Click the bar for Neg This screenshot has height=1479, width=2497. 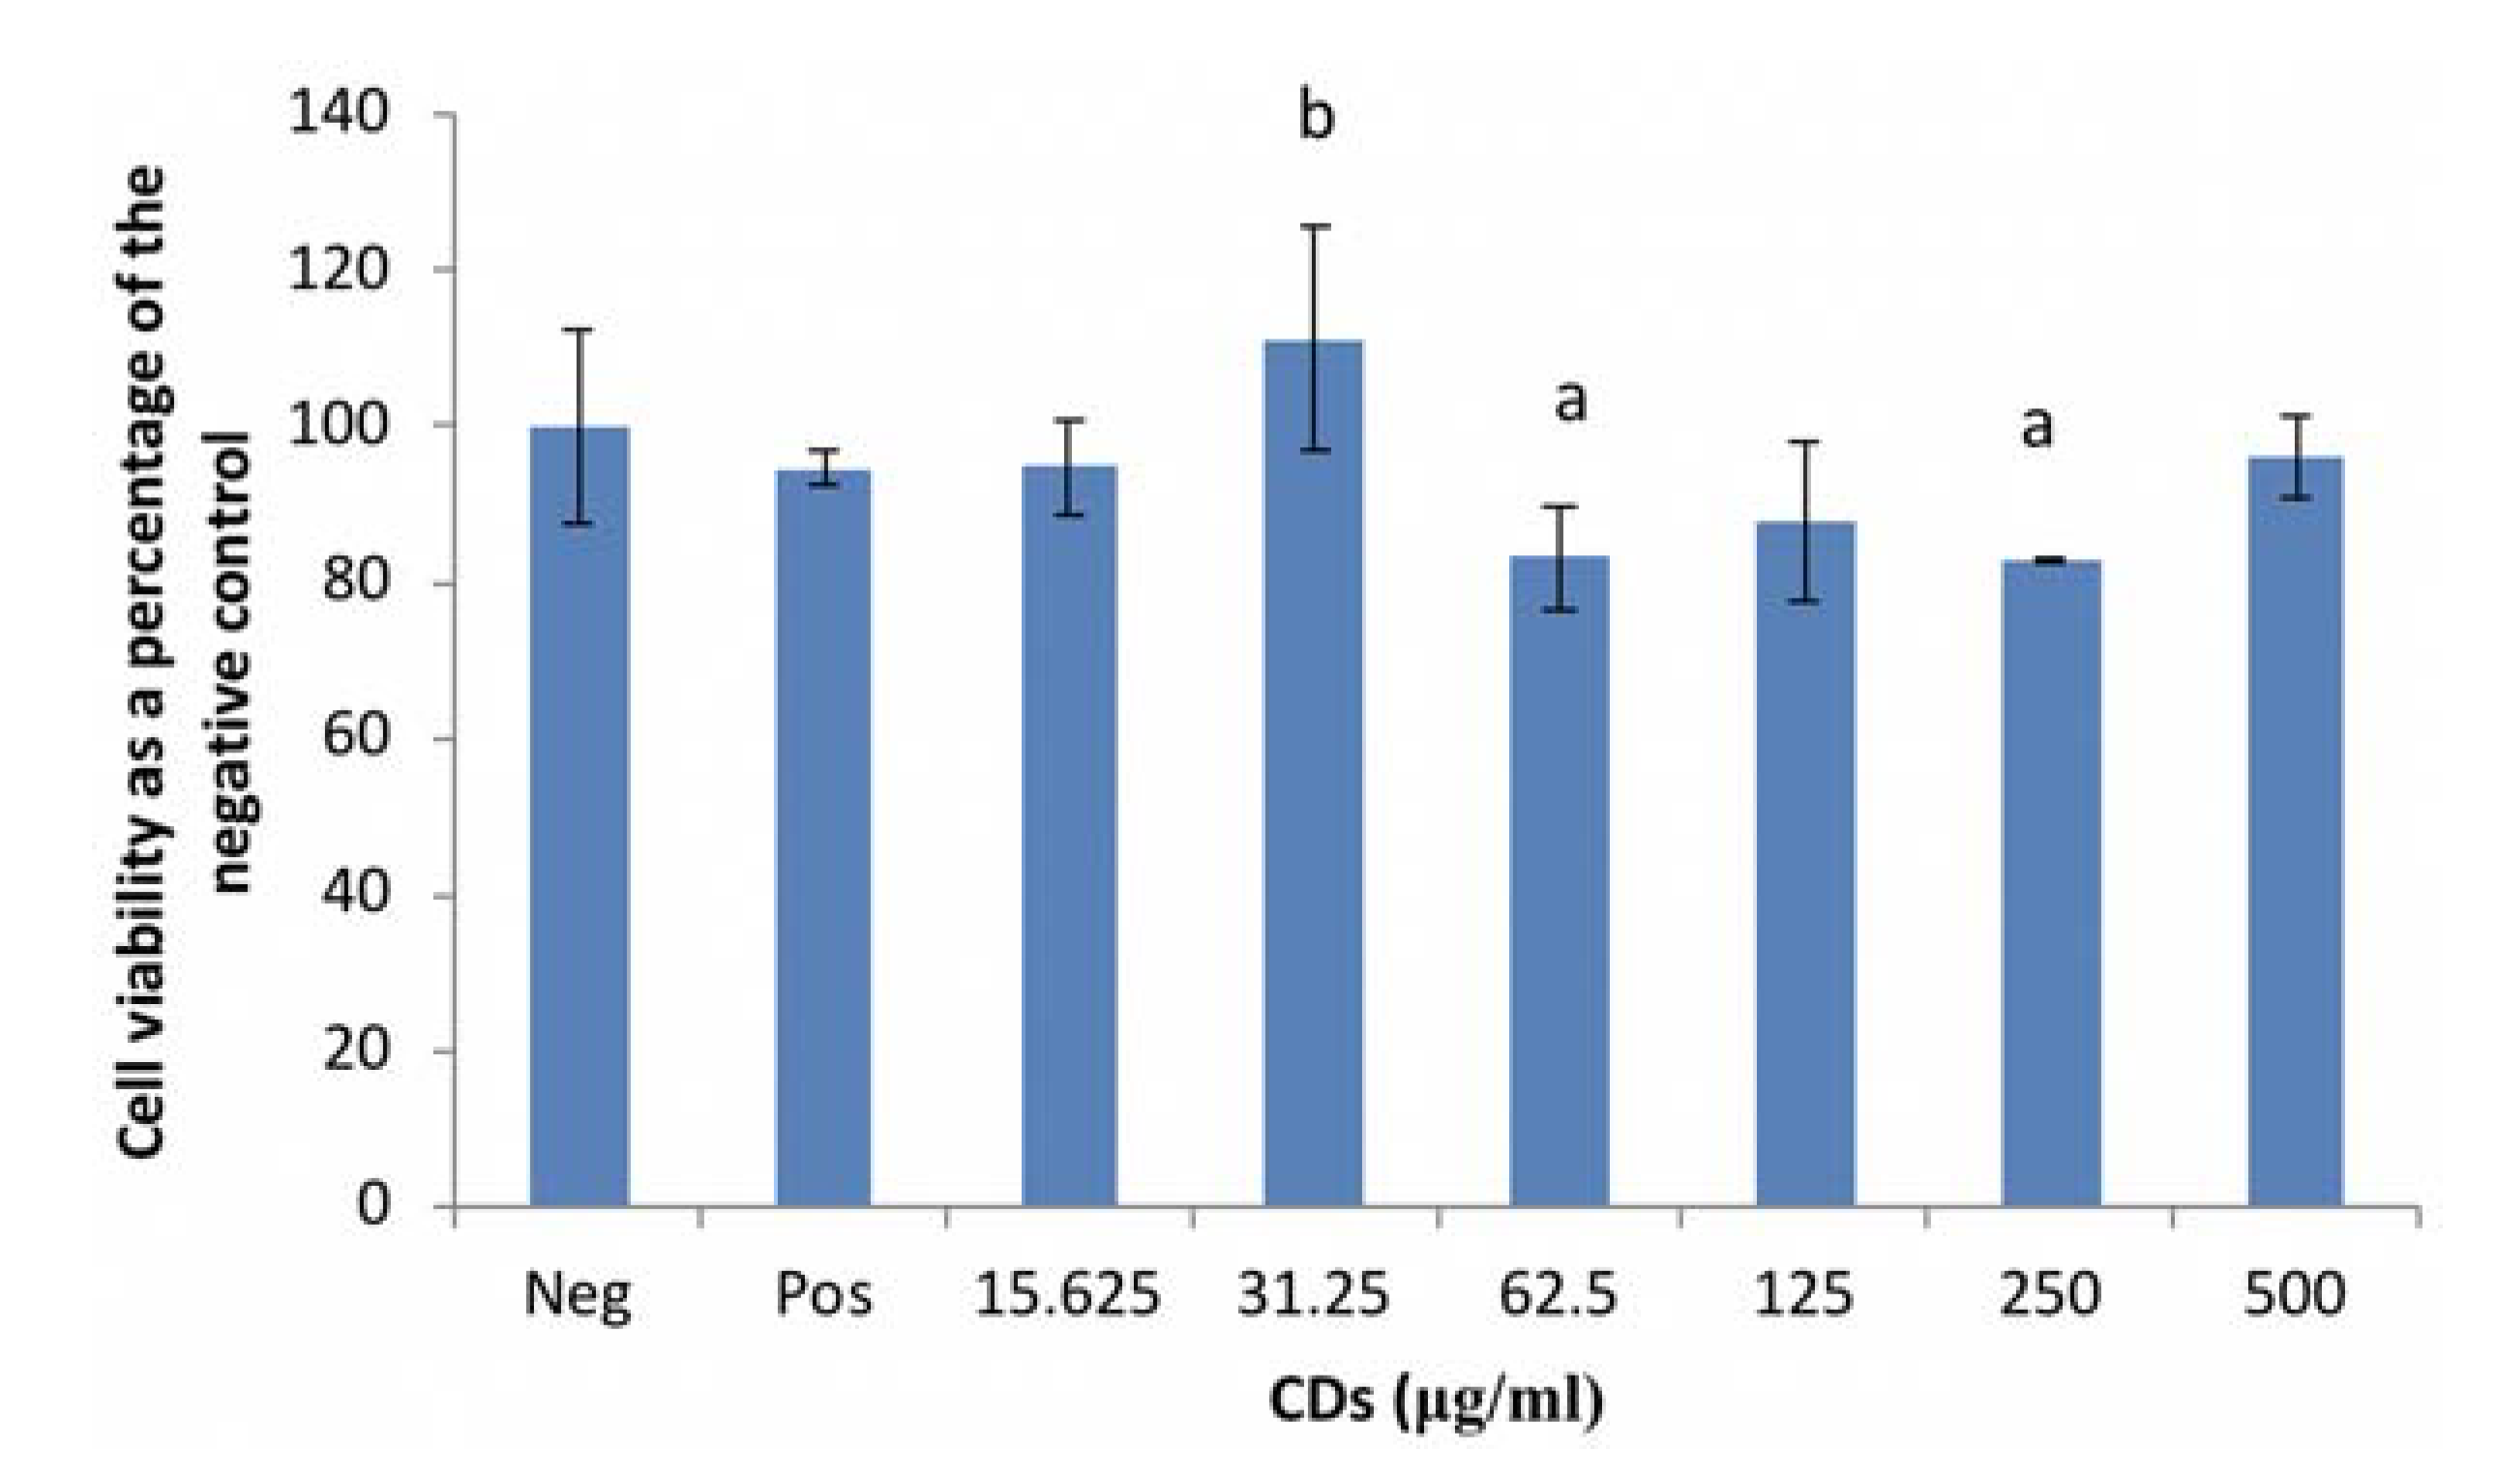pyautogui.click(x=580, y=817)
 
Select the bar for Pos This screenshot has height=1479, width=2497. pyautogui.click(x=823, y=837)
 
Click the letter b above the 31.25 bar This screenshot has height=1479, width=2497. pyautogui.click(x=1315, y=118)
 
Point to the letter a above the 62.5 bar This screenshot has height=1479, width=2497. pyautogui.click(x=1570, y=400)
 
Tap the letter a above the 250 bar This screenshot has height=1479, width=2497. pyautogui.click(x=2036, y=427)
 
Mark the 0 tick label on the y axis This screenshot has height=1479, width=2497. pyautogui.click(x=372, y=1205)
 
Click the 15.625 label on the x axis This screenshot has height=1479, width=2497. pyautogui.click(x=1066, y=1294)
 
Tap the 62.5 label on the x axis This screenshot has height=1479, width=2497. pyautogui.click(x=1558, y=1294)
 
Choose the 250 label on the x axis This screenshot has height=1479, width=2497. pyautogui.click(x=2049, y=1294)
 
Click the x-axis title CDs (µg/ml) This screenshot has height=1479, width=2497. pyautogui.click(x=1436, y=1401)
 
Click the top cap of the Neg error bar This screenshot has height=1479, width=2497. pyautogui.click(x=580, y=330)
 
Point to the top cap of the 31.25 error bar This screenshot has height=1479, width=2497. pyautogui.click(x=1315, y=227)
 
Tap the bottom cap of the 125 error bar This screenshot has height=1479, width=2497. pyautogui.click(x=1805, y=602)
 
